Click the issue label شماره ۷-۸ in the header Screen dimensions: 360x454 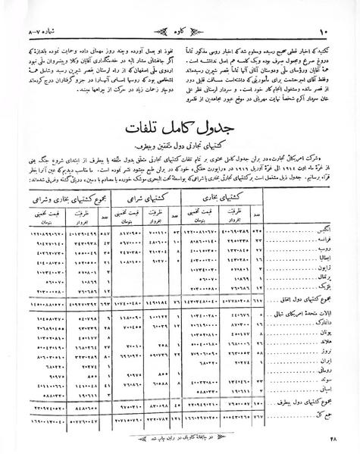37,10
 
